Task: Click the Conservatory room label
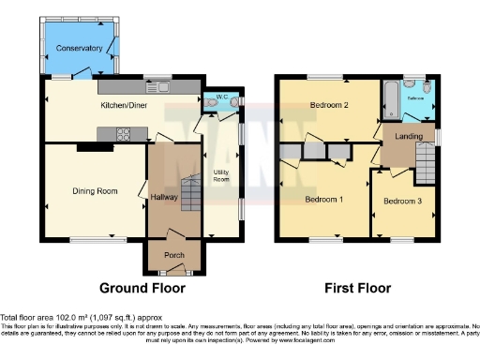pos(79,47)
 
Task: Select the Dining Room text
pos(95,191)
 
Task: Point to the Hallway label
pos(165,197)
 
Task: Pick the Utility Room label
pos(223,174)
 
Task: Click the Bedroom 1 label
pos(324,200)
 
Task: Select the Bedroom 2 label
pos(329,106)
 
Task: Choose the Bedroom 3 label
pos(402,202)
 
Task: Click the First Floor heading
pos(357,288)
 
